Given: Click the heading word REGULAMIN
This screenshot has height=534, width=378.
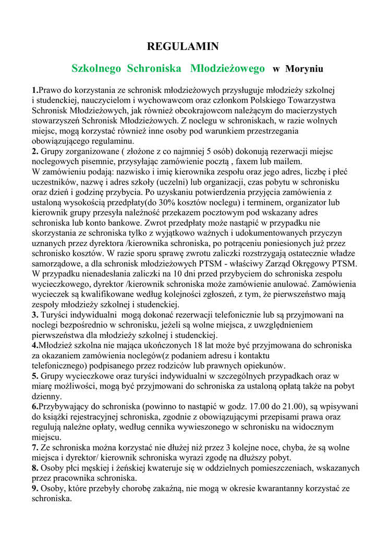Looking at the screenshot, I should pos(182,47).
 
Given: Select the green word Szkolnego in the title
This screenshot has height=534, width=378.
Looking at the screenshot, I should pos(96,68).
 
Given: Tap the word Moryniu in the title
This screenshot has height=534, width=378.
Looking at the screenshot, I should pos(304,69).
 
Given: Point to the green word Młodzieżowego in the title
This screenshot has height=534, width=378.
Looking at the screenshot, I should pos(227,68).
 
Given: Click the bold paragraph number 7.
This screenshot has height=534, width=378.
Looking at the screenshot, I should pos(34,447).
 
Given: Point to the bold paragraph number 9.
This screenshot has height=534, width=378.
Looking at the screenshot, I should pos(34,488).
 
